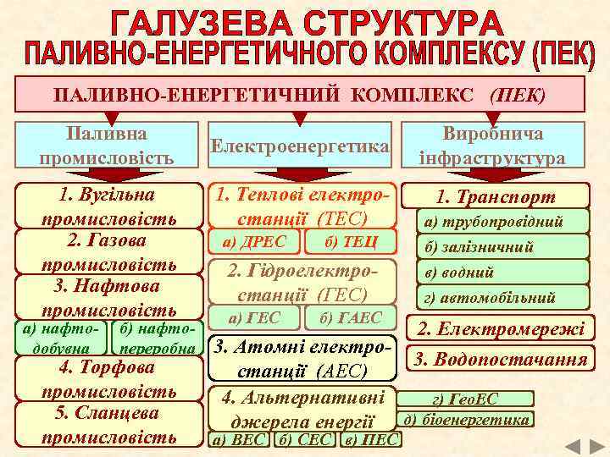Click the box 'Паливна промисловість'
click(106, 146)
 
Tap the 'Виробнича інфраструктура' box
click(492, 146)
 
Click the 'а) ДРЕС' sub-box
click(253, 242)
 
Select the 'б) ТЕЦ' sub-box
click(350, 242)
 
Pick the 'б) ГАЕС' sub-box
click(350, 318)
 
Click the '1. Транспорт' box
click(496, 197)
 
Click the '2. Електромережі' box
click(500, 328)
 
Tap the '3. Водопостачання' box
click(500, 359)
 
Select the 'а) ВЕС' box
click(240, 440)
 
